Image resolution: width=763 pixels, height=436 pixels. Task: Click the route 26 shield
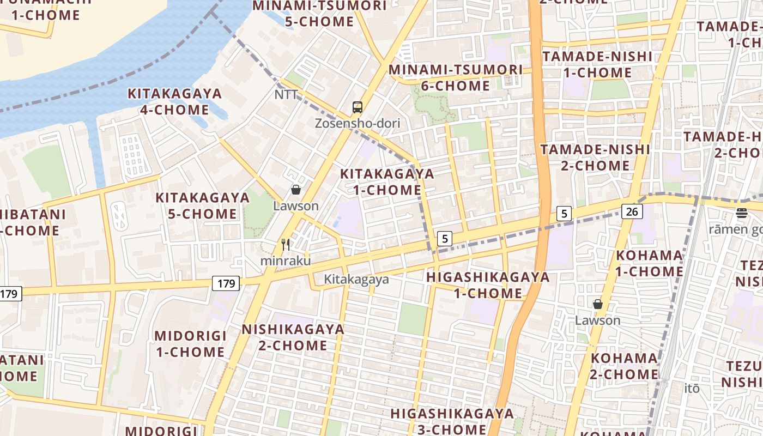tap(632, 211)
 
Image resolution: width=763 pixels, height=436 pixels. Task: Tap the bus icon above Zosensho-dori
tap(357, 107)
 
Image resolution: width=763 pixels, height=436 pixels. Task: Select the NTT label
tap(286, 95)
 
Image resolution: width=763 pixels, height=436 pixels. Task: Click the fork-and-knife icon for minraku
tap(286, 245)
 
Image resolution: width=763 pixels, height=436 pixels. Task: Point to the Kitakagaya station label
tap(356, 280)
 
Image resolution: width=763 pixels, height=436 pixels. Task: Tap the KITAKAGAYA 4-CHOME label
tap(174, 101)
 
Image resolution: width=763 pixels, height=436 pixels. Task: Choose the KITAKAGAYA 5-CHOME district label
tap(202, 205)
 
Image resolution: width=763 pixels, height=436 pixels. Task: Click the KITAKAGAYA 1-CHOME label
tap(387, 182)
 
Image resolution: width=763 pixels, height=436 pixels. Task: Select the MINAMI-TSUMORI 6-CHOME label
tap(455, 77)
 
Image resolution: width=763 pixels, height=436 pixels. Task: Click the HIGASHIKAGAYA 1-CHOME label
tap(488, 285)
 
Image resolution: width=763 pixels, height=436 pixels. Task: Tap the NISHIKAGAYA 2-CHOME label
tap(293, 337)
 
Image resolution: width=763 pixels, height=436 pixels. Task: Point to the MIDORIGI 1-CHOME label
tap(190, 344)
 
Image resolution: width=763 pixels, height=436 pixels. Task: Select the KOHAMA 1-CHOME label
tap(649, 263)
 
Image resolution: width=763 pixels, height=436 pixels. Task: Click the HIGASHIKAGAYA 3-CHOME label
tap(452, 421)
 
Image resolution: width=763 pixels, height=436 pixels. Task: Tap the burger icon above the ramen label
tap(741, 213)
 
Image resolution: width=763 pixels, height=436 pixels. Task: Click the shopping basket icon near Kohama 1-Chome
tap(598, 304)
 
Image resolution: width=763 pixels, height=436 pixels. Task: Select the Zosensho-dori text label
tap(357, 123)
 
